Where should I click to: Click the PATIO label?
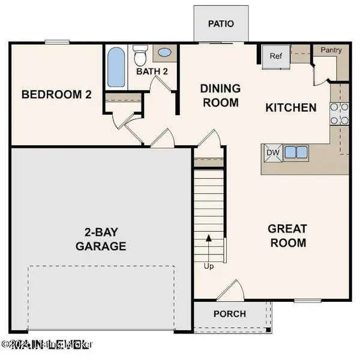[x=220, y=24]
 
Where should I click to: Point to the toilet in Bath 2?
[x=140, y=56]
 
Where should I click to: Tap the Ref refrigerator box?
[x=275, y=57]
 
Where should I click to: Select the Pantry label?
[x=331, y=50]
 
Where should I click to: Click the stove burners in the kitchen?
[x=338, y=113]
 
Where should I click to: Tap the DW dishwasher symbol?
[x=272, y=152]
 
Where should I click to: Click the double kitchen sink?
[x=295, y=152]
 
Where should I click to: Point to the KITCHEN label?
[x=291, y=108]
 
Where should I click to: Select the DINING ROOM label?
[x=220, y=95]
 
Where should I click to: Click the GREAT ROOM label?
[x=287, y=235]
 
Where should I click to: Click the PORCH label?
[x=229, y=314]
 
